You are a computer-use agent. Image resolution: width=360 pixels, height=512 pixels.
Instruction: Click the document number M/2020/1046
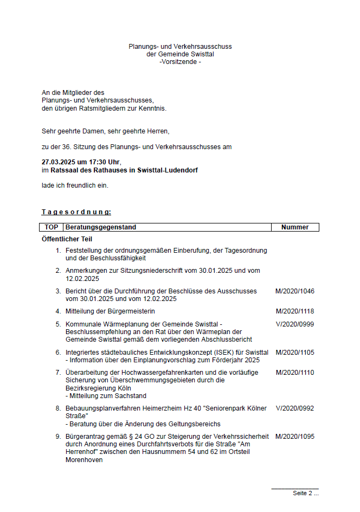click(295, 291)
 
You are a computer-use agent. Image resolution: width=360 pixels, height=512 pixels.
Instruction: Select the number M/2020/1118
click(295, 311)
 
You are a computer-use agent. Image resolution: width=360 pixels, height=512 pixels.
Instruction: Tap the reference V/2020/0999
click(295, 324)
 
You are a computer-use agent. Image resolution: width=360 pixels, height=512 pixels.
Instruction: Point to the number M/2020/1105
click(295, 353)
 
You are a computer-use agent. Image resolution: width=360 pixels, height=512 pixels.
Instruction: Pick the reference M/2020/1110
click(295, 373)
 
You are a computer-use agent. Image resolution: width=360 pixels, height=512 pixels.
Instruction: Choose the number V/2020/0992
click(295, 408)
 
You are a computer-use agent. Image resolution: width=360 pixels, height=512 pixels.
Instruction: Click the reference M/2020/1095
click(295, 436)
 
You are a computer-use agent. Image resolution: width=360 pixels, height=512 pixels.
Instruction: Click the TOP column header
click(52, 227)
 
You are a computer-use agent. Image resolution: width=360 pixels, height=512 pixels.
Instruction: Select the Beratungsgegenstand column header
click(101, 227)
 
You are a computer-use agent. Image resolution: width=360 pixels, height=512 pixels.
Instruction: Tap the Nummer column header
click(295, 227)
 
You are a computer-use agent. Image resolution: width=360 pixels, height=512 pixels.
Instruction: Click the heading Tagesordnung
click(76, 212)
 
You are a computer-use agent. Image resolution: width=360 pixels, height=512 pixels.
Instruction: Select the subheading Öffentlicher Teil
click(67, 239)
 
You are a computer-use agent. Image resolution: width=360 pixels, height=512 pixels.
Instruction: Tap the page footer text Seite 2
click(305, 493)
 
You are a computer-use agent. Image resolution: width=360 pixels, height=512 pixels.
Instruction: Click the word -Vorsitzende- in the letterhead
click(180, 62)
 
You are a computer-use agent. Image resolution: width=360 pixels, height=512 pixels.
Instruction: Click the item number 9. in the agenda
click(58, 436)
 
